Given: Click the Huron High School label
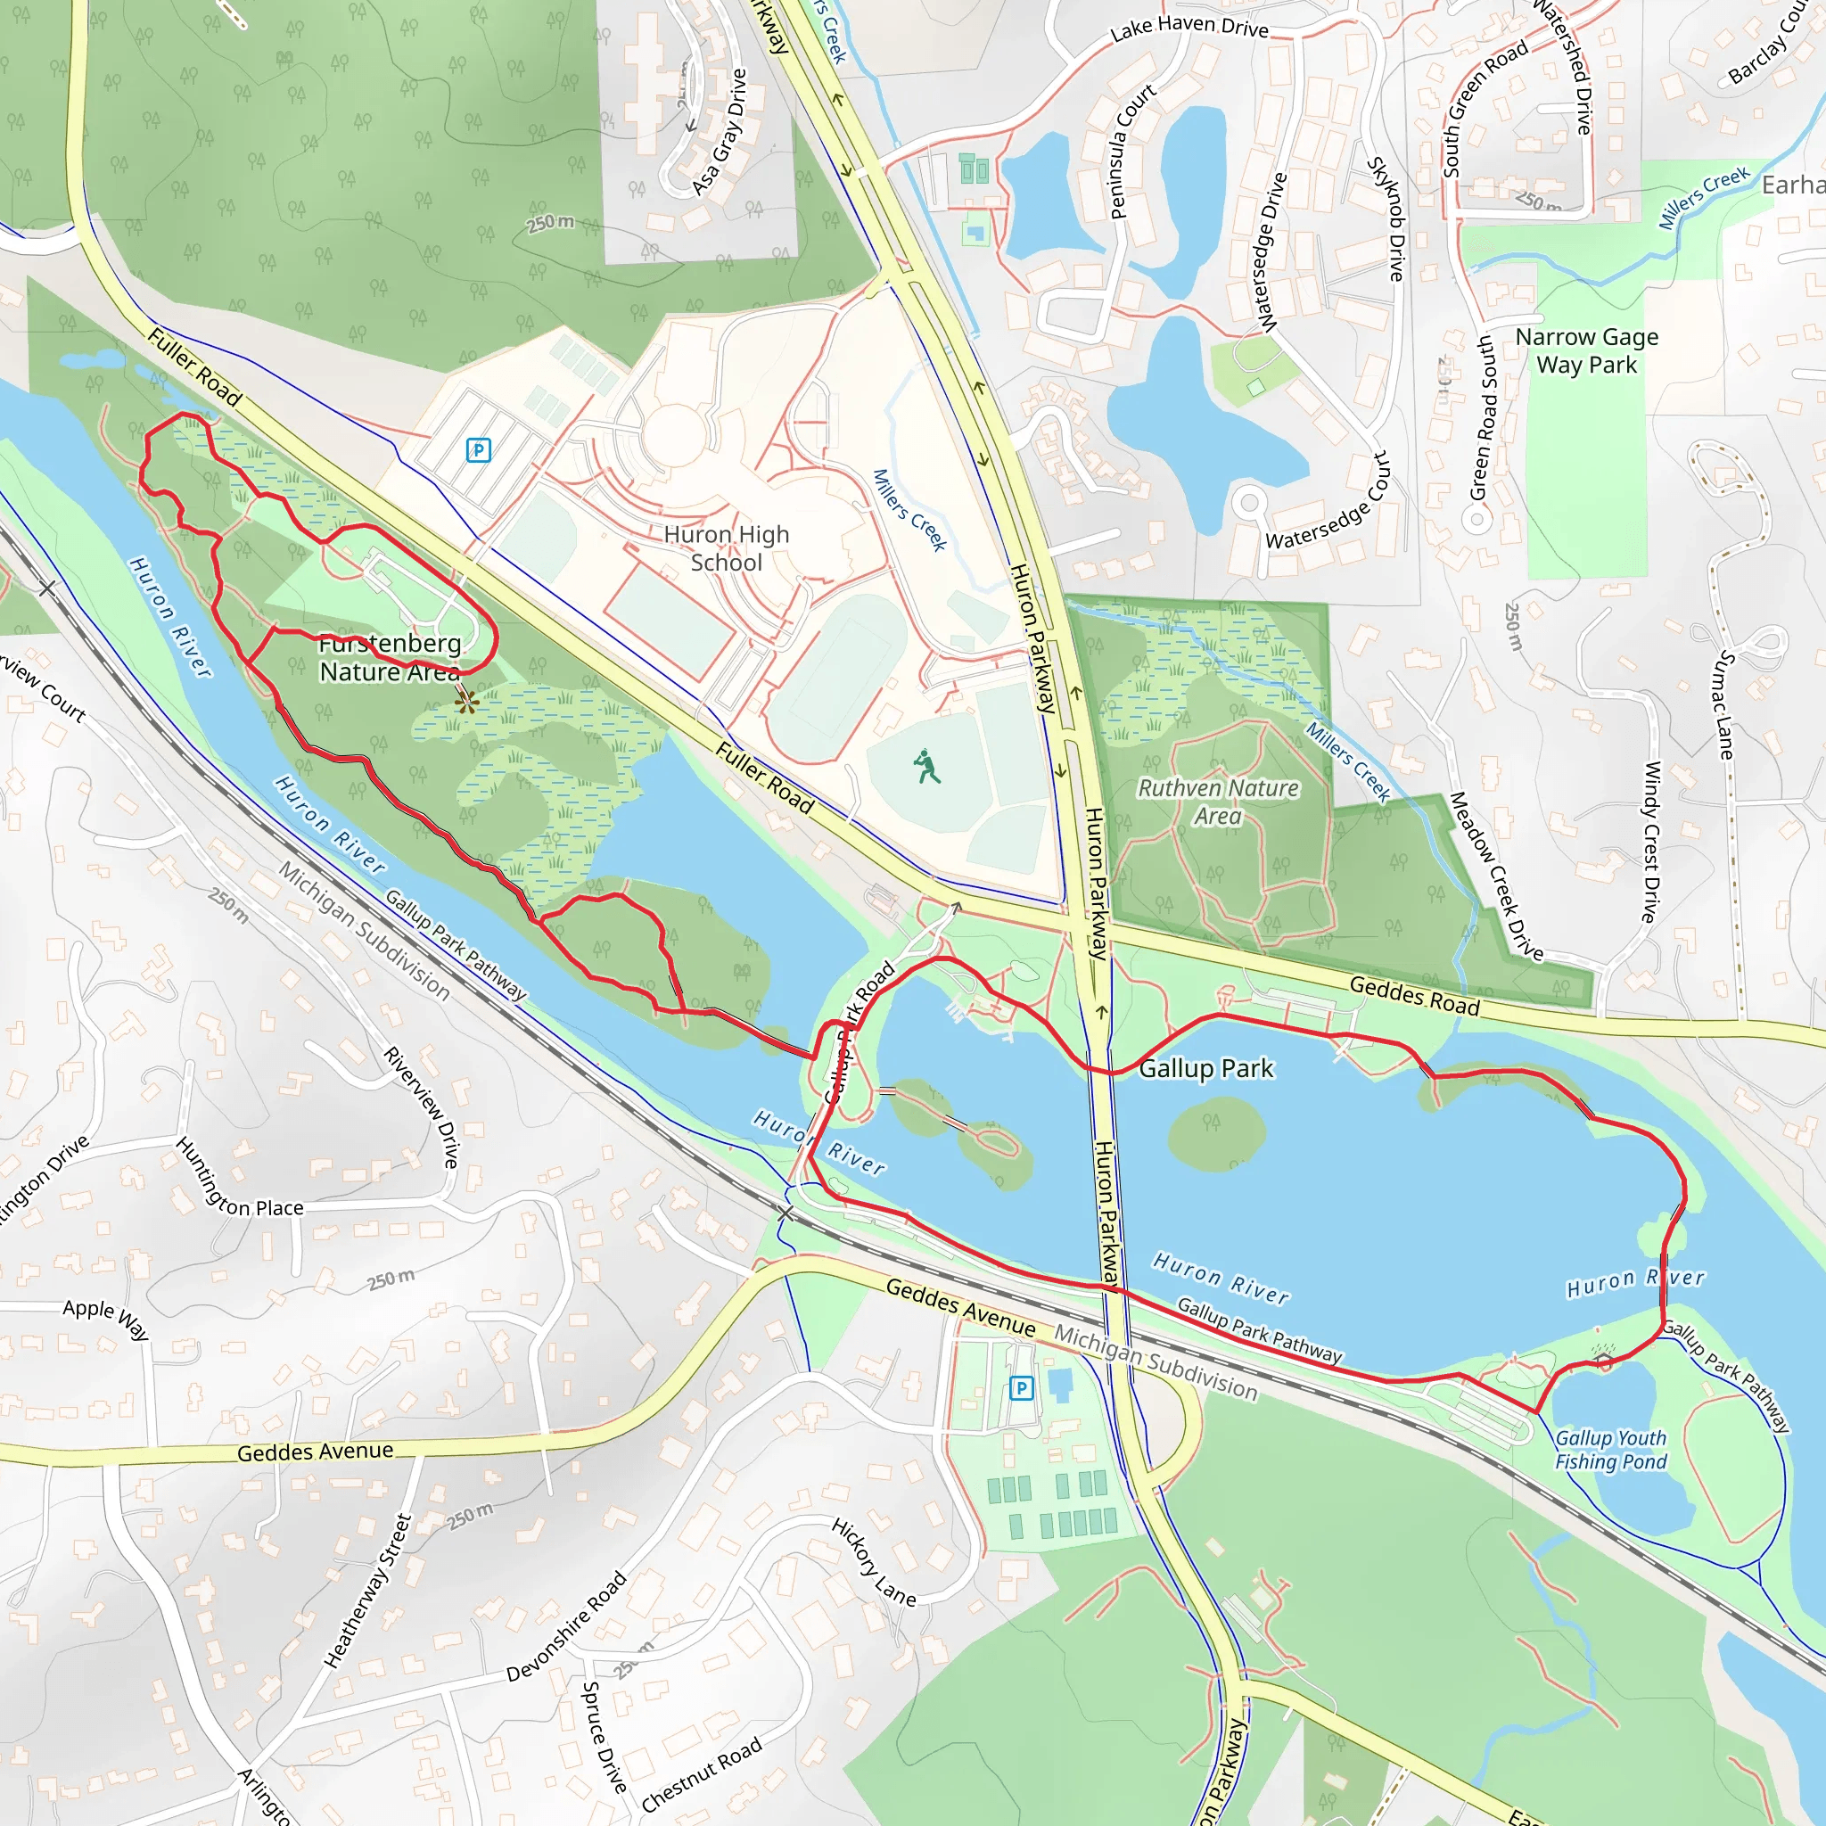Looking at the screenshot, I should tap(726, 548).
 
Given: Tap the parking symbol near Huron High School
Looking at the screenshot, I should tap(478, 450).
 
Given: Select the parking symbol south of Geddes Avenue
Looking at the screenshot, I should tap(1021, 1387).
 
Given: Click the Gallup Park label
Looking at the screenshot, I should tap(1206, 1069).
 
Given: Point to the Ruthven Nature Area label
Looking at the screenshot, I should tap(1217, 802).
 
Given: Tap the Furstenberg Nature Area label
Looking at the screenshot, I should tap(390, 657).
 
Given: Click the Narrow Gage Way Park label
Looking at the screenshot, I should tap(1586, 350).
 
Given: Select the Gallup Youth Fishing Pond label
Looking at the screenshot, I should tap(1610, 1449).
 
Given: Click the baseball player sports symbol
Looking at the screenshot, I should tap(927, 767).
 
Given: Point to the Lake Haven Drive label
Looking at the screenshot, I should tap(1189, 28).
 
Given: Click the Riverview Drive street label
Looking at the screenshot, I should tap(422, 1106).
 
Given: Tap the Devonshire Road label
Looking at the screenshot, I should tap(566, 1626).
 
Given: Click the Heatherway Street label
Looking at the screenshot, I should tap(367, 1591).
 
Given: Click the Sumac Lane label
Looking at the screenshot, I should tap(1726, 705).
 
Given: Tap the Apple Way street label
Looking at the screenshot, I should tap(106, 1319).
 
